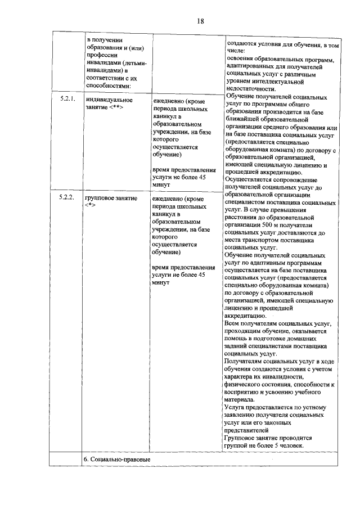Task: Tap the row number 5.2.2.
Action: (x=67, y=199)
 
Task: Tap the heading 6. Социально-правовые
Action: (x=116, y=460)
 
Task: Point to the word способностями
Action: (x=106, y=86)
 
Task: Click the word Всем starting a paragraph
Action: (x=231, y=324)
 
